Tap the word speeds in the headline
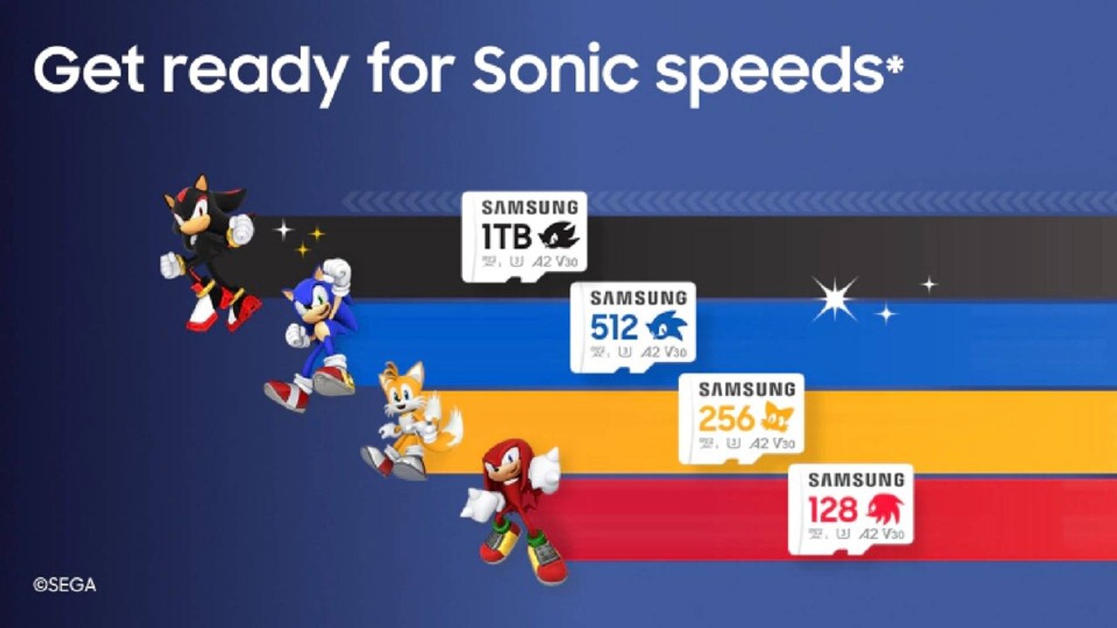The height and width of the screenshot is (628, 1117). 768,72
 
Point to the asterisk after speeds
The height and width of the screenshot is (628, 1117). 893,64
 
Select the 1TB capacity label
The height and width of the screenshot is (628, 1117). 505,235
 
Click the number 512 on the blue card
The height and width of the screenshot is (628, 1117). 613,327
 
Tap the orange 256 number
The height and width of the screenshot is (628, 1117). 725,419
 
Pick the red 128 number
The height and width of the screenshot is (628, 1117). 833,509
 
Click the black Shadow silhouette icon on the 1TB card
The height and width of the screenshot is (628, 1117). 558,235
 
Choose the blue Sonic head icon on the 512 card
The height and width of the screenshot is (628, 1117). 667,327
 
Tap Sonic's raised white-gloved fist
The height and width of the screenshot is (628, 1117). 336,275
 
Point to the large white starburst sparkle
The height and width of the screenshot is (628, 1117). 835,299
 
